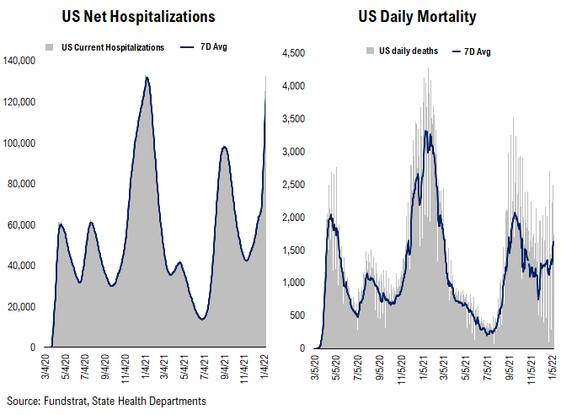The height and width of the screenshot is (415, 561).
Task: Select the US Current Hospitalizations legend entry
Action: coord(113,47)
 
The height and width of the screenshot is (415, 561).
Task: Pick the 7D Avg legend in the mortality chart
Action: coord(476,51)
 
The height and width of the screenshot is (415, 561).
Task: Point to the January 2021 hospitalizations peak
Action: coord(147,78)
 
